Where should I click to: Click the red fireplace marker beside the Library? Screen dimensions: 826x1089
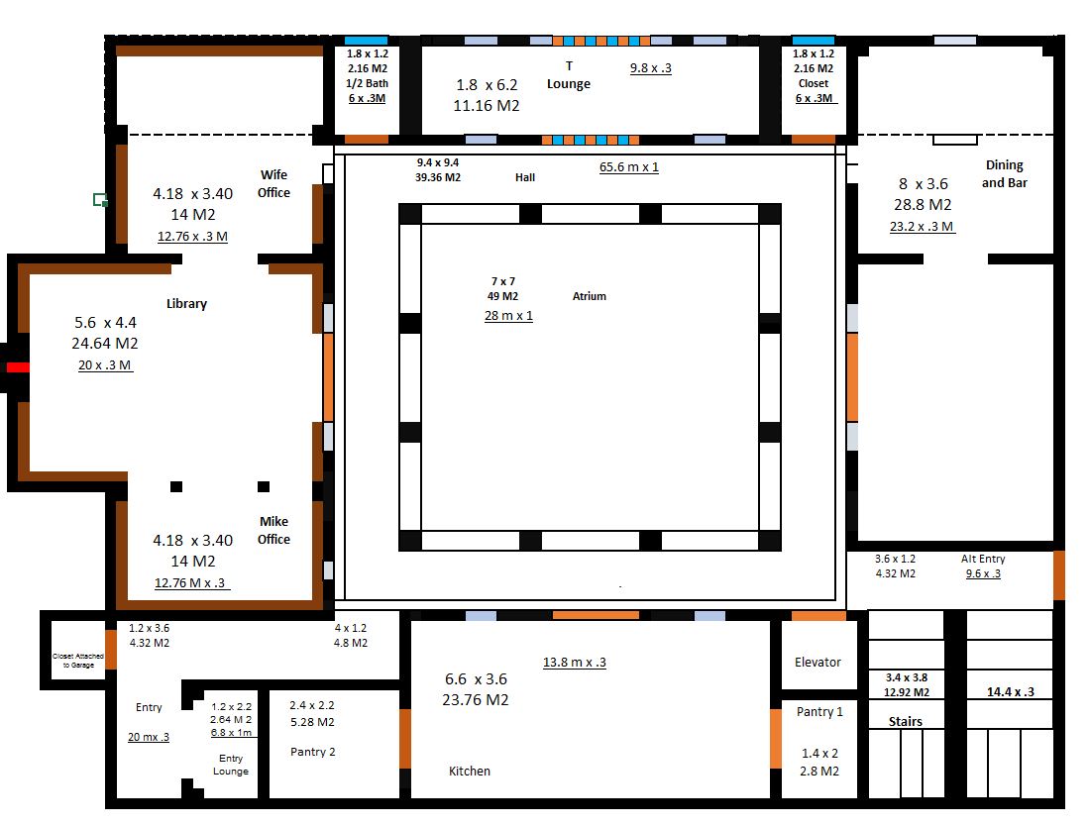(x=18, y=367)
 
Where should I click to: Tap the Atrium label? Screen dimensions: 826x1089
(x=589, y=296)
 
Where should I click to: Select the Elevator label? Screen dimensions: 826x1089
(x=817, y=662)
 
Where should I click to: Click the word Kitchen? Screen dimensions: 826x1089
(x=470, y=771)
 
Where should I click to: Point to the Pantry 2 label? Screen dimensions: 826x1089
(x=312, y=752)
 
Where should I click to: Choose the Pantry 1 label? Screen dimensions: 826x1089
(x=819, y=711)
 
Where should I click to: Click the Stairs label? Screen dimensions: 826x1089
(x=905, y=721)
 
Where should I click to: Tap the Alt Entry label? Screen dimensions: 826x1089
(x=982, y=559)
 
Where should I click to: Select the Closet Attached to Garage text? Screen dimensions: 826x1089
(x=79, y=660)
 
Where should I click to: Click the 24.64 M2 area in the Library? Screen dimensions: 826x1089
(x=104, y=344)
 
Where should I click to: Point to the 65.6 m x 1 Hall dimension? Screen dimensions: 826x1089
(x=628, y=167)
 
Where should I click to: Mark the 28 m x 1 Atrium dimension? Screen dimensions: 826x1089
(x=508, y=316)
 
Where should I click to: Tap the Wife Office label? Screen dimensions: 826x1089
(x=273, y=184)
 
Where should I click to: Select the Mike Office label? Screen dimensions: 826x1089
(x=273, y=530)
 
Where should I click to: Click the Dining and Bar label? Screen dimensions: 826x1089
(x=1004, y=174)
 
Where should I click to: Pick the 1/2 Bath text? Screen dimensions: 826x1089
(x=368, y=83)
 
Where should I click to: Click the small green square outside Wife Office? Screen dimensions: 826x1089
(x=100, y=200)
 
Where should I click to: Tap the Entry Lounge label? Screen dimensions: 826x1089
(x=231, y=765)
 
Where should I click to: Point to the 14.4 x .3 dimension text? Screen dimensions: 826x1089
(x=1010, y=692)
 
